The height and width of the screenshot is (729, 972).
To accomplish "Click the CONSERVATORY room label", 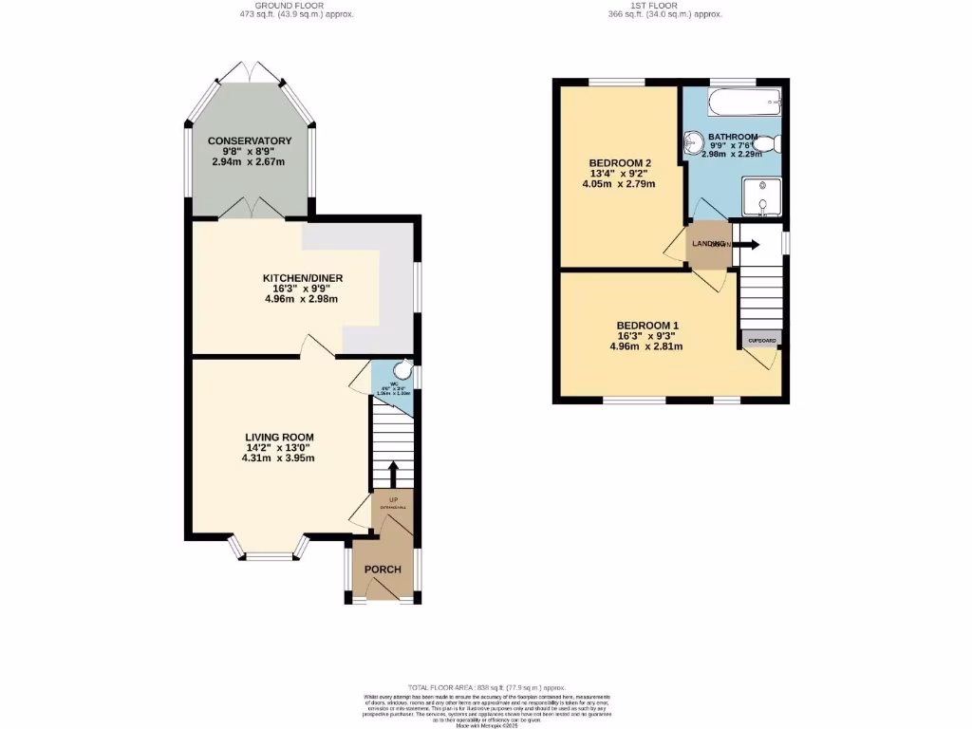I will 250,140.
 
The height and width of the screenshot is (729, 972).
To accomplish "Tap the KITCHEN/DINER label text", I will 303,278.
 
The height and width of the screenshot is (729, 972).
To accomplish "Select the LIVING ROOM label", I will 278,437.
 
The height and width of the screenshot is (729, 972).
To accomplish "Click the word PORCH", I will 383,570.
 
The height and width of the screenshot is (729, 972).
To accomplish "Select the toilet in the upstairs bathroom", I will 771,144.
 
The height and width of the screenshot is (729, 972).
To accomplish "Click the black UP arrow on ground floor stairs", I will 391,471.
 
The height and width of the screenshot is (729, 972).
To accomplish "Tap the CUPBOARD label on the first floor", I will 760,340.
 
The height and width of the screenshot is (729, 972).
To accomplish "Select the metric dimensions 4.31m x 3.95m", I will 278,458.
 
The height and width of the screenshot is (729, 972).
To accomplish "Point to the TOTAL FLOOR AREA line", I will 486,687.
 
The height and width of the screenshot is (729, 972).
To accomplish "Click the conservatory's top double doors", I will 250,72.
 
